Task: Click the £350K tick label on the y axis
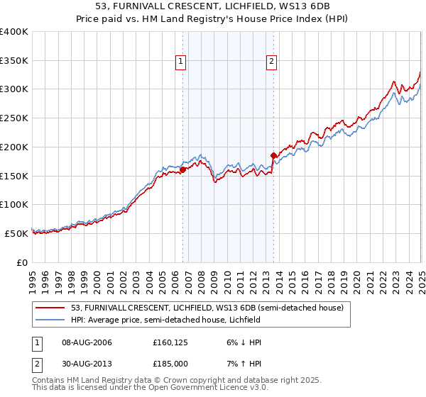pyautogui.click(x=14, y=61)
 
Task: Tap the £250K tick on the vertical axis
pyautogui.click(x=14, y=118)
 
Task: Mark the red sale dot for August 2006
pyautogui.click(x=182, y=169)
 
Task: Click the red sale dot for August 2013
pyautogui.click(x=273, y=154)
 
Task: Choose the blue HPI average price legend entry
pyautogui.click(x=165, y=320)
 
